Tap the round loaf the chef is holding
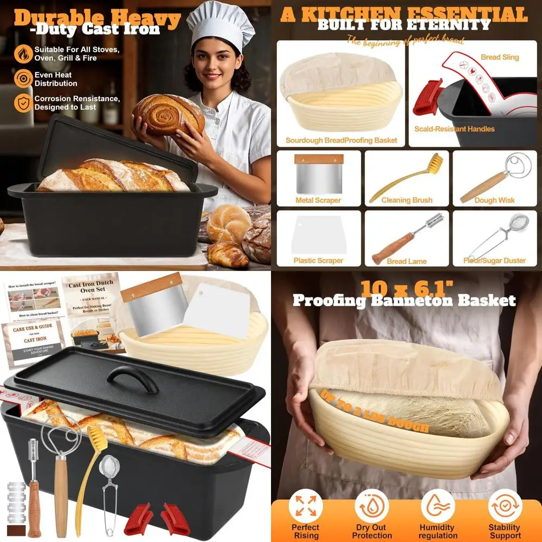click(168, 114)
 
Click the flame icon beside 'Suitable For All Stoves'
click(23, 53)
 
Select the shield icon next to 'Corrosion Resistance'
click(23, 102)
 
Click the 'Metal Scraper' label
click(318, 200)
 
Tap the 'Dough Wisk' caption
click(494, 200)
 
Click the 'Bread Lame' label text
click(406, 261)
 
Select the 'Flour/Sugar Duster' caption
click(494, 261)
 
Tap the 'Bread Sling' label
click(500, 57)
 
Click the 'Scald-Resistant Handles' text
click(454, 129)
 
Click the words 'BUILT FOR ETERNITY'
click(404, 25)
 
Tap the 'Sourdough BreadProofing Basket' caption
click(341, 140)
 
